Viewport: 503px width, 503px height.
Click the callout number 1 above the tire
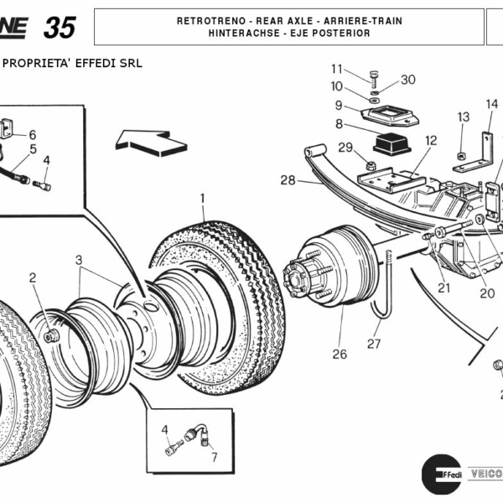[x=202, y=199]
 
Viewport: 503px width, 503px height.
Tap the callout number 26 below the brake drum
[x=339, y=355]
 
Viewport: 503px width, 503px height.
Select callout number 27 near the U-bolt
[x=374, y=344]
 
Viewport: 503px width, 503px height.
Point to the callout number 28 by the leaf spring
[x=288, y=180]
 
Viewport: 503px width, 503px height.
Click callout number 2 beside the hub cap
[x=33, y=277]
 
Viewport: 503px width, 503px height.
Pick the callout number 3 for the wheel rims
[x=80, y=260]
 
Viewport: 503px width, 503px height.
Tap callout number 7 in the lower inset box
[x=214, y=458]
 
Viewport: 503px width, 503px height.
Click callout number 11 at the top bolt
[x=337, y=69]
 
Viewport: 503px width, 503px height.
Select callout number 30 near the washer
[x=407, y=80]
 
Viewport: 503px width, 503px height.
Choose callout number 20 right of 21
[x=487, y=293]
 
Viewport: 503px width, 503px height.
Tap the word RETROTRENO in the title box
[x=207, y=20]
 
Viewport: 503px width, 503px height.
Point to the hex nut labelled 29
[x=370, y=160]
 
